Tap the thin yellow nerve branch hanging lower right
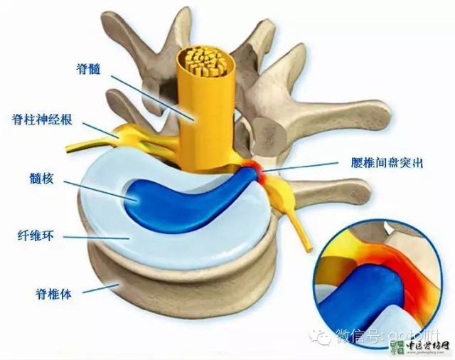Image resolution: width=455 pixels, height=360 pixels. [306, 238]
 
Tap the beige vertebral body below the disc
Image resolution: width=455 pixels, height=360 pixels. [178, 299]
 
